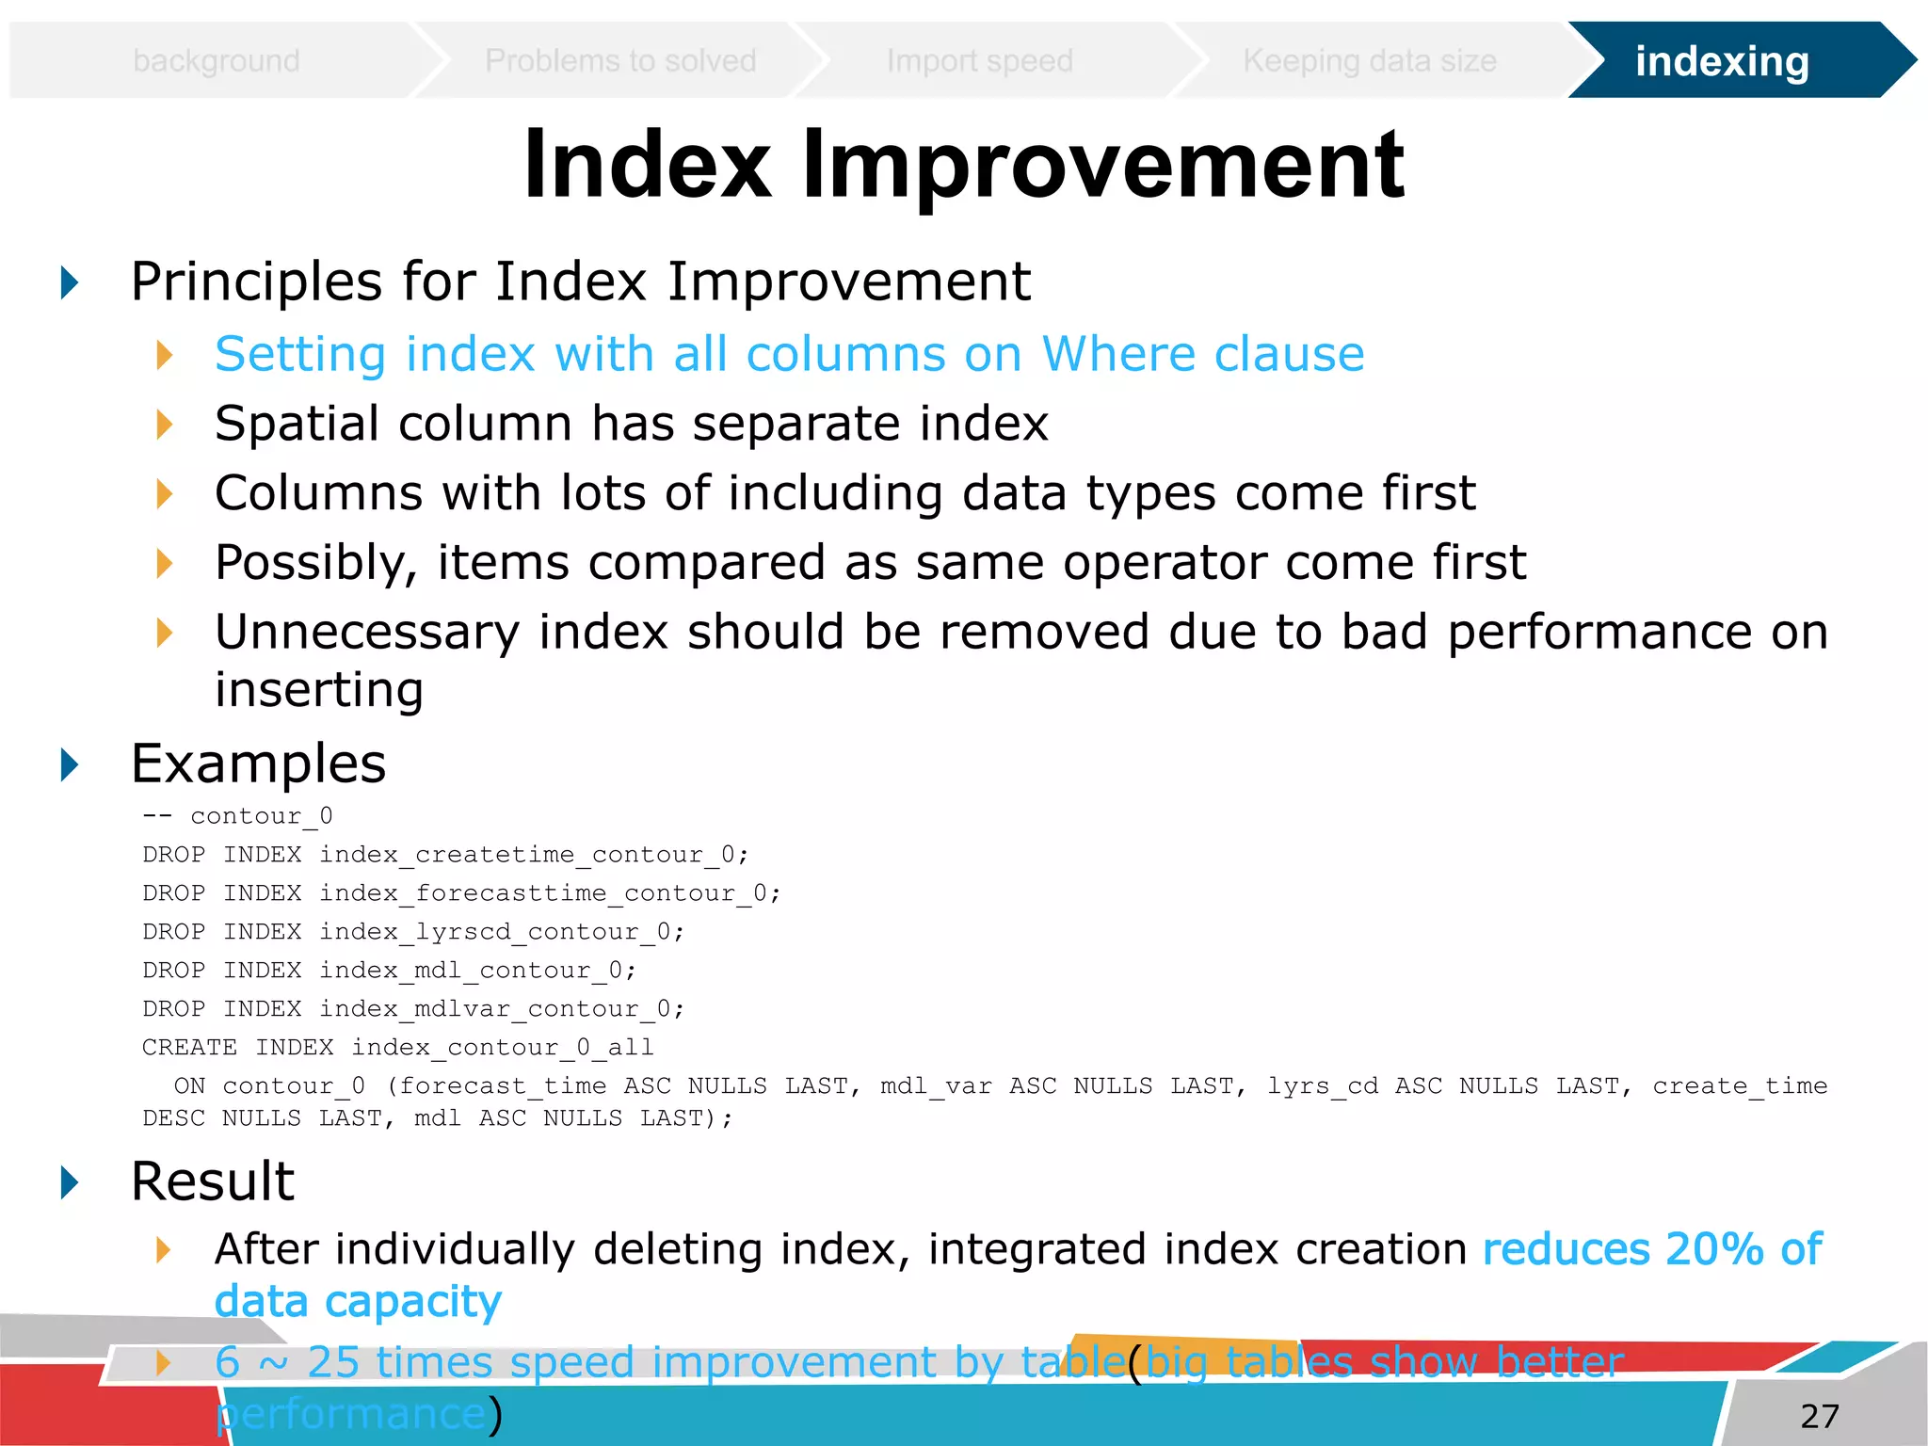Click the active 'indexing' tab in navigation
coord(1721,61)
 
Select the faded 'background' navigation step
coord(216,61)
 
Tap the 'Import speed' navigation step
coord(979,61)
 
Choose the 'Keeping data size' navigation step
coord(1369,61)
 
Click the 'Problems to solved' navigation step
coord(619,61)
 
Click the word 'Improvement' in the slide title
coord(1102,166)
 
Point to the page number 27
coord(1819,1416)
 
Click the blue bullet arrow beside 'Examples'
coord(70,764)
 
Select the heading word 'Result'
coord(213,1181)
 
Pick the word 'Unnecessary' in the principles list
coord(366,632)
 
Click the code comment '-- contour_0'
coord(237,816)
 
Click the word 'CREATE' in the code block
coord(189,1048)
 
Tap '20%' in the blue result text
coord(1713,1250)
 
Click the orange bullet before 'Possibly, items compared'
coord(165,564)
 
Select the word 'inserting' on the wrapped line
coord(318,690)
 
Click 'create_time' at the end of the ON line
coord(1739,1086)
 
